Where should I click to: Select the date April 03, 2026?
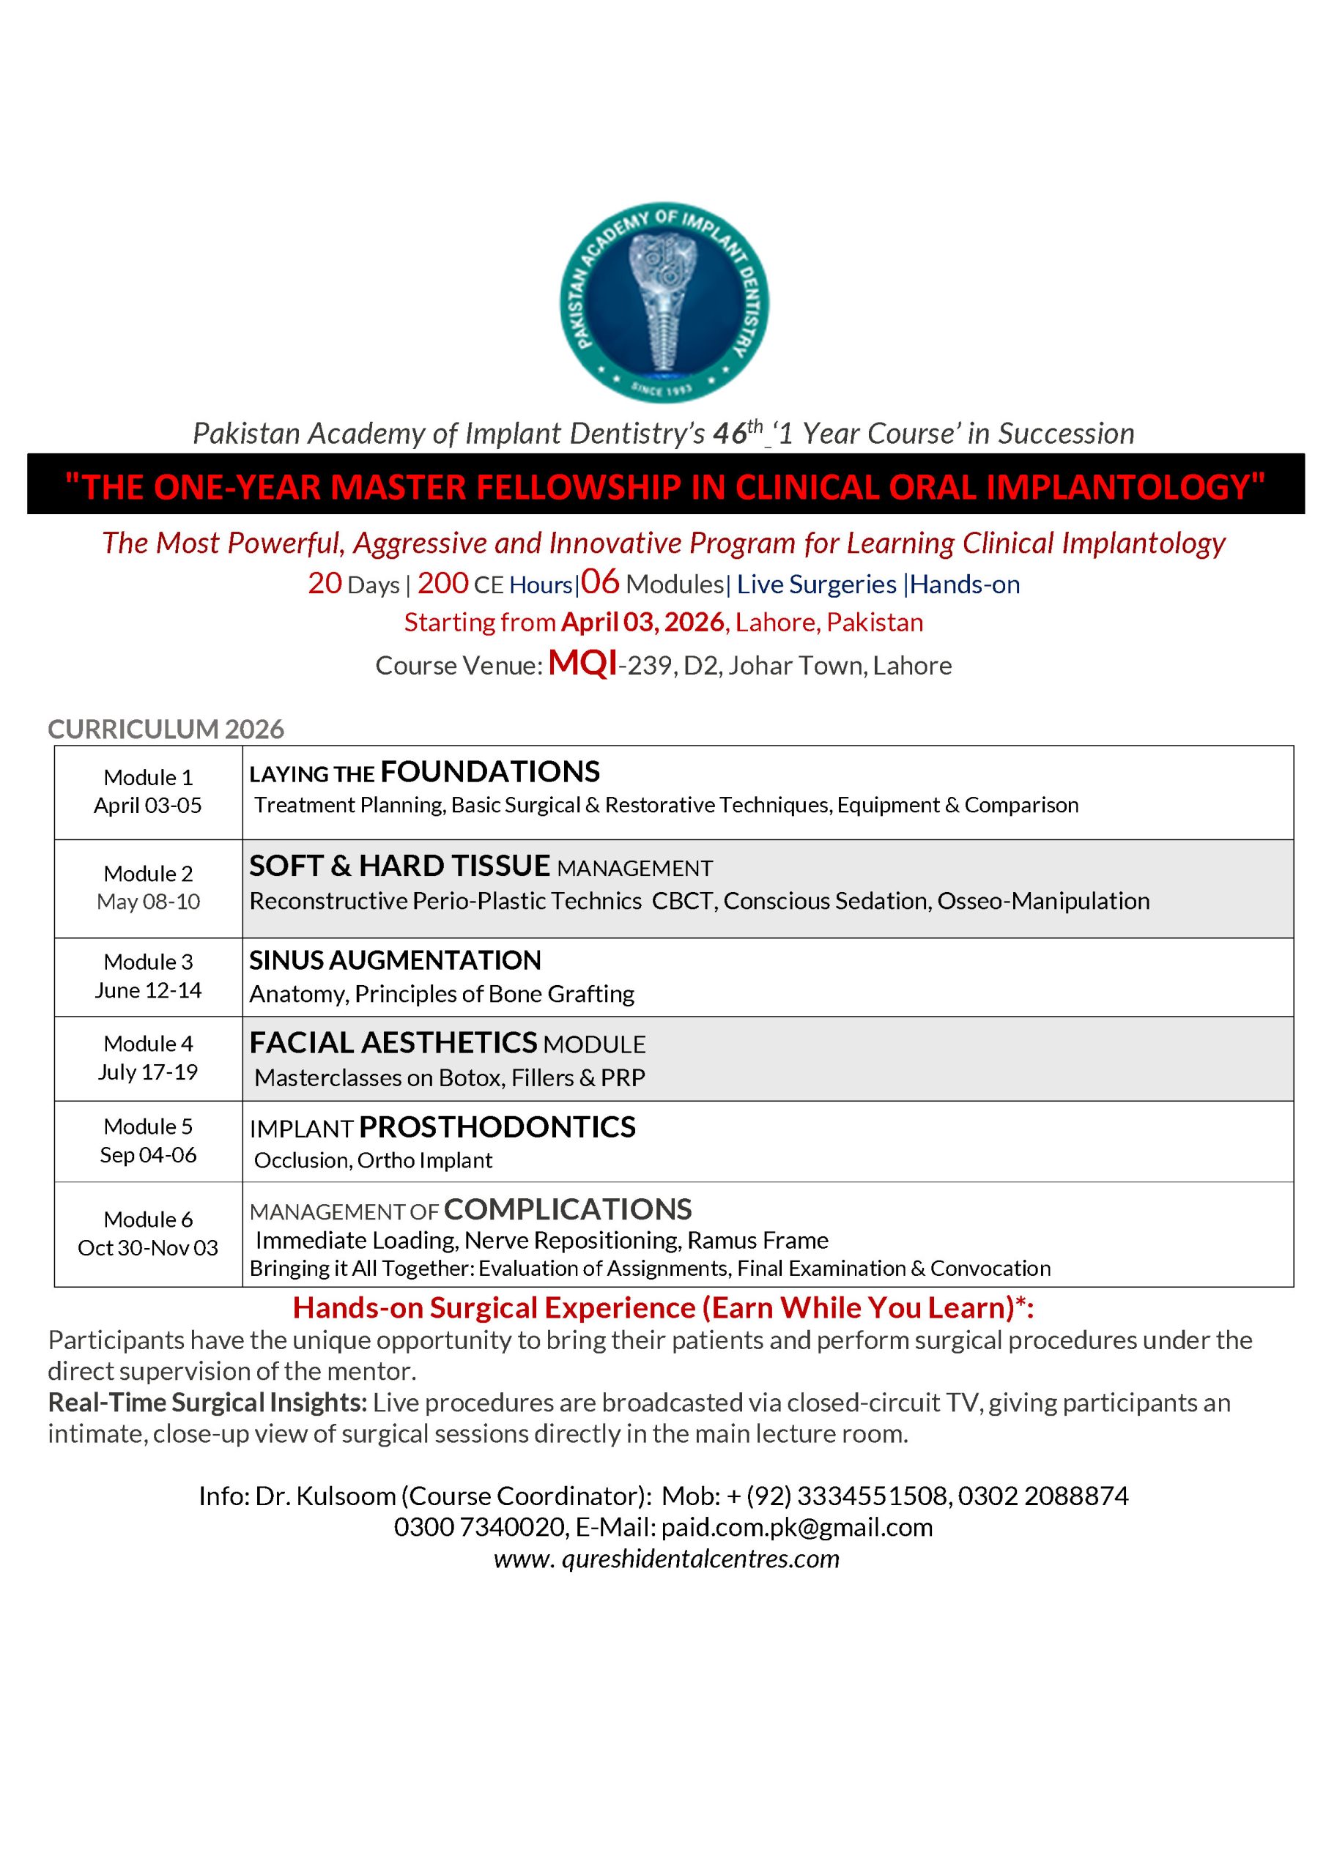(642, 623)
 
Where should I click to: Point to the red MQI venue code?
(582, 663)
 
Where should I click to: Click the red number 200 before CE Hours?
(442, 583)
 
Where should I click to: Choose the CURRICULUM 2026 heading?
(166, 729)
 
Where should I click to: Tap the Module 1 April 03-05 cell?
(148, 791)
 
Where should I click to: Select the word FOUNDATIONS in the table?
(490, 772)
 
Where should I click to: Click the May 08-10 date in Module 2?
(148, 902)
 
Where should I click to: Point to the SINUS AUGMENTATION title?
(395, 959)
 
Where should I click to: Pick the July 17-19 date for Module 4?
(148, 1072)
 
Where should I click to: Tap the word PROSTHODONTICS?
(497, 1127)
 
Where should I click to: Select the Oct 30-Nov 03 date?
(148, 1248)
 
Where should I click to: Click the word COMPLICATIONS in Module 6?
(568, 1208)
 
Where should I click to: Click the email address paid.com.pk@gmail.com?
(796, 1527)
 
